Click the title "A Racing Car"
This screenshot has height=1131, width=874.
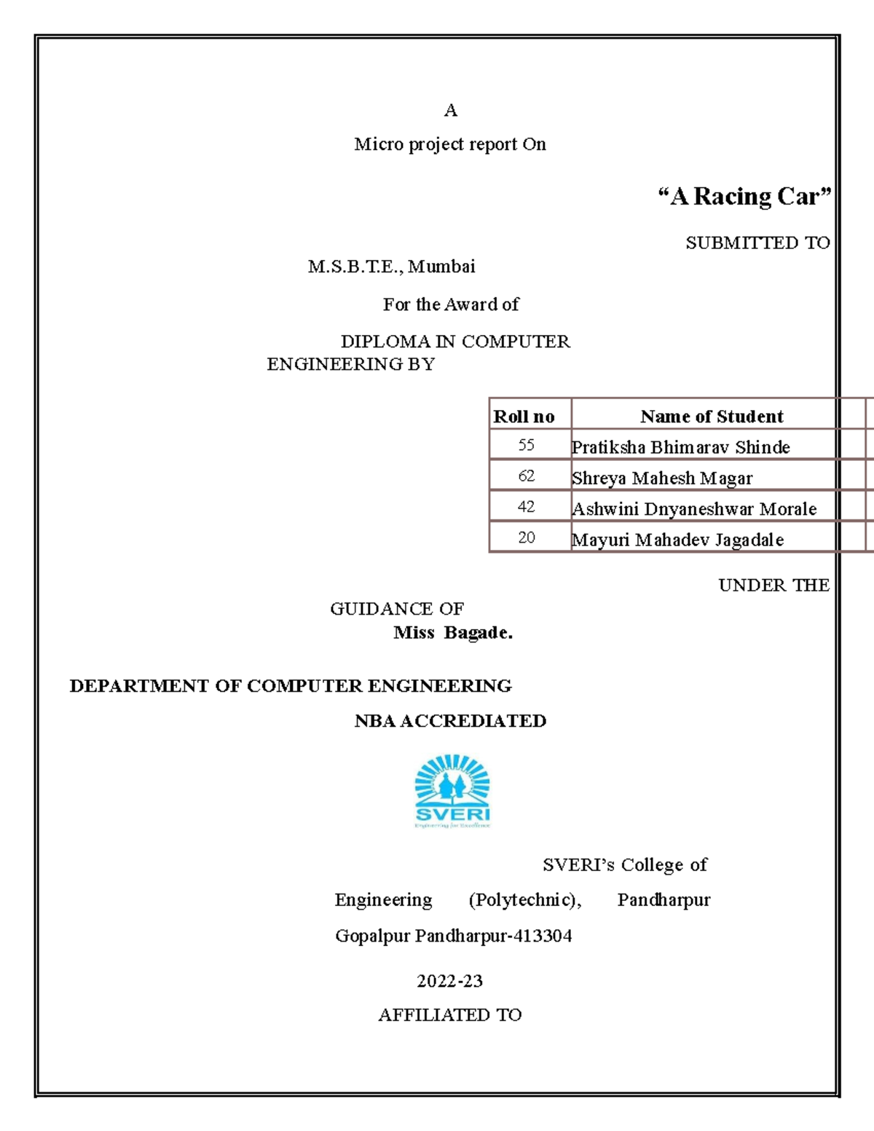[x=744, y=197]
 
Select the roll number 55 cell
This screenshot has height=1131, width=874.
[x=527, y=445]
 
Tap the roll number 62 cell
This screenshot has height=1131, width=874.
[x=527, y=476]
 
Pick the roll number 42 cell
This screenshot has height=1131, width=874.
[x=527, y=507]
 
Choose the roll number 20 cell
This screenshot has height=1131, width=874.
[x=527, y=538]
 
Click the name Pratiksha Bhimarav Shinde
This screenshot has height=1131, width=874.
[x=680, y=447]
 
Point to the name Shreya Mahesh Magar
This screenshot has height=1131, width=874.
[x=662, y=478]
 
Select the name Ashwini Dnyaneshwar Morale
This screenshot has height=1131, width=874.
[x=694, y=509]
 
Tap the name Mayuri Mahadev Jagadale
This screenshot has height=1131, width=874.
[x=677, y=540]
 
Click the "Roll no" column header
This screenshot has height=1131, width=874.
[x=524, y=417]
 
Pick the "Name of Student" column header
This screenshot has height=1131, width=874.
[x=712, y=417]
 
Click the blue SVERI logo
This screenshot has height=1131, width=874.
[x=452, y=791]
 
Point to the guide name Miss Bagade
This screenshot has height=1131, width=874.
[x=453, y=633]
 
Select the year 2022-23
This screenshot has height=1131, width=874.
[x=449, y=981]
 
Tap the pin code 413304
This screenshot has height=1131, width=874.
[x=543, y=936]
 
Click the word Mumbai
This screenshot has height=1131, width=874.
[x=441, y=267]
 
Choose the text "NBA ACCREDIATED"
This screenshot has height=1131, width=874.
[x=450, y=721]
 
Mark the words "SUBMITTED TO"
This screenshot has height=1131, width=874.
[x=757, y=243]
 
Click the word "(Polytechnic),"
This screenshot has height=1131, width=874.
[x=524, y=900]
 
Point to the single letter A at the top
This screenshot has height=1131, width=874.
[x=451, y=111]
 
